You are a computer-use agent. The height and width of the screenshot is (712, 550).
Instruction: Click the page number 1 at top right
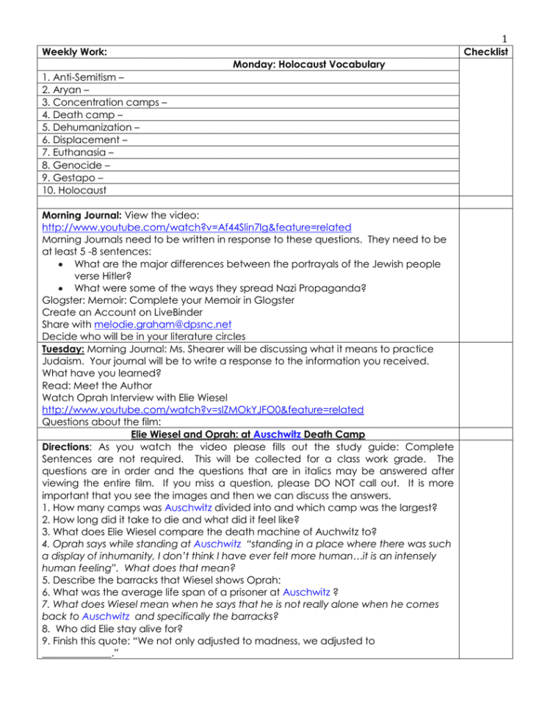coord(507,41)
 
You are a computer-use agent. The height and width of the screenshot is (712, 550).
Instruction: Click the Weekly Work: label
coord(72,53)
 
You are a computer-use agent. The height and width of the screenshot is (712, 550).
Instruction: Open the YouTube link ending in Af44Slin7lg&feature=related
coord(196,228)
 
